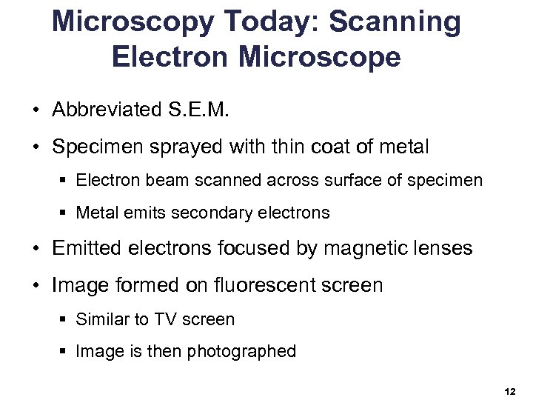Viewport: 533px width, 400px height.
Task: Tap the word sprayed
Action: click(189, 147)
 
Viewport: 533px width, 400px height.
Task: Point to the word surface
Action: click(346, 180)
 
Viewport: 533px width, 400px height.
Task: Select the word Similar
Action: click(102, 320)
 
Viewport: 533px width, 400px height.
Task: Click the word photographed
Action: click(241, 352)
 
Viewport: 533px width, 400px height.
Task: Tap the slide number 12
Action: click(509, 390)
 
